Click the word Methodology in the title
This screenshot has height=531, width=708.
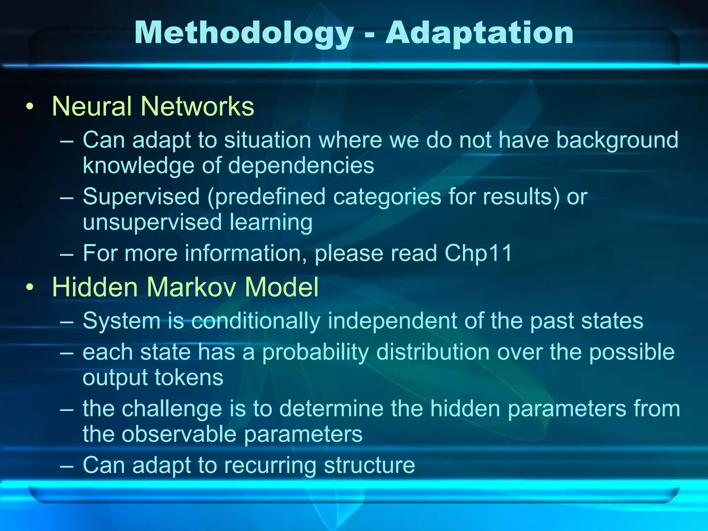click(x=244, y=34)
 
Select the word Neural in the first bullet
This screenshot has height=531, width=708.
click(x=92, y=106)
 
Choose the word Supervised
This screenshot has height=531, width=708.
click(x=141, y=196)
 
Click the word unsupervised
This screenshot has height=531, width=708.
click(x=152, y=222)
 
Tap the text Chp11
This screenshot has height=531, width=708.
click(x=478, y=253)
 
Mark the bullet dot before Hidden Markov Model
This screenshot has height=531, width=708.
click(x=30, y=287)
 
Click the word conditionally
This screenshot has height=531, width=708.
click(x=255, y=321)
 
